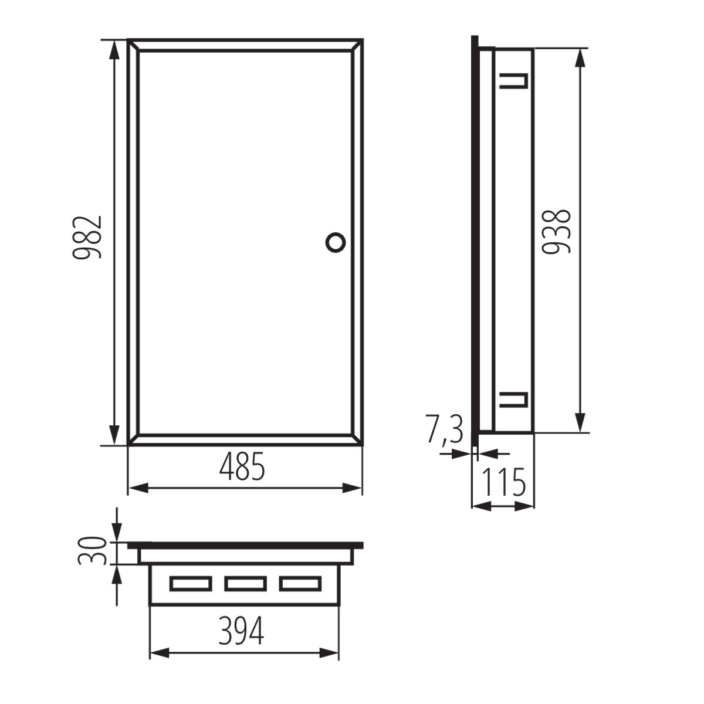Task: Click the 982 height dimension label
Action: (87, 238)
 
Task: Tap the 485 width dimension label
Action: (242, 466)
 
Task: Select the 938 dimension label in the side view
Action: (556, 232)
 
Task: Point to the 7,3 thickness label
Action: (444, 429)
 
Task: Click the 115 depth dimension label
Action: (504, 482)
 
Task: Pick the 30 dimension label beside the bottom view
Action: (93, 551)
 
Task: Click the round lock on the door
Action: (336, 242)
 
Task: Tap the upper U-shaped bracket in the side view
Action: (514, 81)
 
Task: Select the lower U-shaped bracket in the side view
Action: (514, 400)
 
